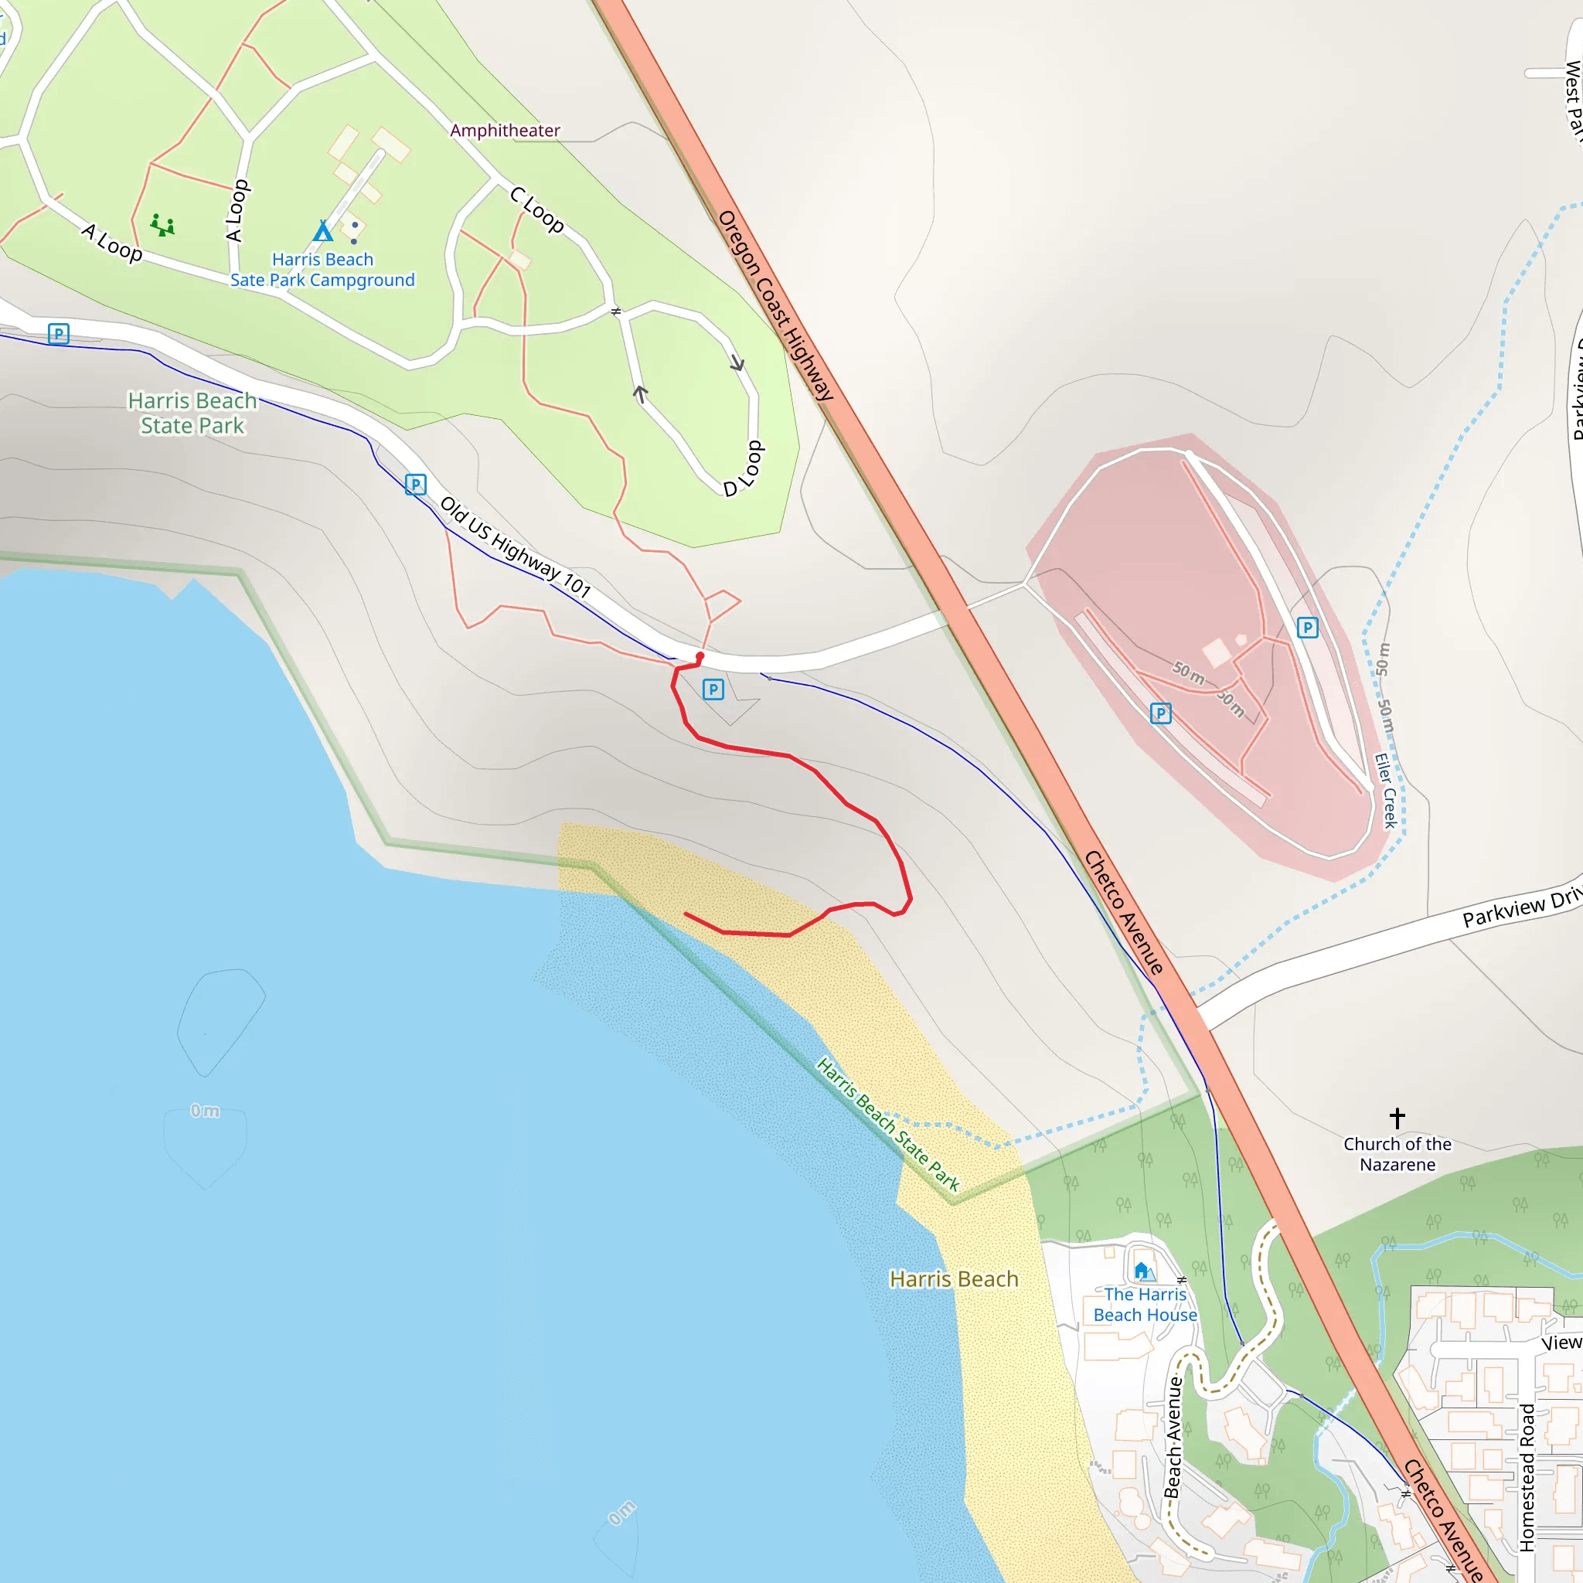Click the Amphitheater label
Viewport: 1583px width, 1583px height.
pyautogui.click(x=505, y=131)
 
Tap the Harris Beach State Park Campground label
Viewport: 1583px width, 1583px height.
pyautogui.click(x=322, y=270)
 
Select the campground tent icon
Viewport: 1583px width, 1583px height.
pyautogui.click(x=323, y=231)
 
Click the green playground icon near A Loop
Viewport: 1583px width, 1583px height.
pyautogui.click(x=162, y=226)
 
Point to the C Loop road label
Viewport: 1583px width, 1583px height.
pyautogui.click(x=536, y=209)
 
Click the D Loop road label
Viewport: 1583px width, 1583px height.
pyautogui.click(x=743, y=468)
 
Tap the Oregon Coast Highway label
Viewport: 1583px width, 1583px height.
pyautogui.click(x=775, y=305)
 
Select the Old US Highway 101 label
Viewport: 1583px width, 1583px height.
pyautogui.click(x=516, y=546)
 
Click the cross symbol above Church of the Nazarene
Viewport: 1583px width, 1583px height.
pyautogui.click(x=1397, y=1118)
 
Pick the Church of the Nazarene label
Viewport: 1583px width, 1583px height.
pyautogui.click(x=1397, y=1154)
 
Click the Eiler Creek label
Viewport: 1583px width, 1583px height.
pyautogui.click(x=1384, y=791)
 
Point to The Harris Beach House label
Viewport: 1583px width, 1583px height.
pyautogui.click(x=1145, y=1305)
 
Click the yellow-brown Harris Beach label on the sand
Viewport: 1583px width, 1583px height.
pyautogui.click(x=954, y=1279)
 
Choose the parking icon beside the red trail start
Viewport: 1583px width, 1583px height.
pyautogui.click(x=713, y=689)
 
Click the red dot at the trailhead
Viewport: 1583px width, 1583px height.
pyautogui.click(x=700, y=656)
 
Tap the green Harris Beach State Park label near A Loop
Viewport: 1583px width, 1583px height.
pyautogui.click(x=192, y=413)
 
